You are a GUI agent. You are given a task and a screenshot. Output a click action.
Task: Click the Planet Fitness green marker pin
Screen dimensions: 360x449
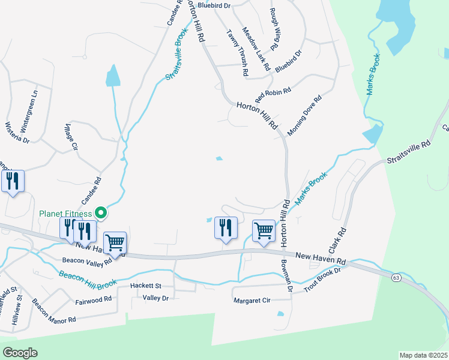(x=101, y=212)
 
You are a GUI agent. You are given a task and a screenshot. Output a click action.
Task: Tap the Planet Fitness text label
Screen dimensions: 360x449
(x=65, y=214)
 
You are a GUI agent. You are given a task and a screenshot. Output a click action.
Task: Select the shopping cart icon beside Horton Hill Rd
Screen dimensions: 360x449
(x=264, y=231)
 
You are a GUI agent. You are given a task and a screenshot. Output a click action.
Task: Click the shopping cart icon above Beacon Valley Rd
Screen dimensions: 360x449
(x=115, y=243)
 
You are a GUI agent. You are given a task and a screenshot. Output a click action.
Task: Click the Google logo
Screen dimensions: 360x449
(x=20, y=353)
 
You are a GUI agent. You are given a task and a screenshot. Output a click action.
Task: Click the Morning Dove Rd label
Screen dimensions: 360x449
(x=305, y=115)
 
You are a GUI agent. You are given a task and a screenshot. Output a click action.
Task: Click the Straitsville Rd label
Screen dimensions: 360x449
(x=409, y=152)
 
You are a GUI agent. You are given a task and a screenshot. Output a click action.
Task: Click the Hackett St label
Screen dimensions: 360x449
(x=146, y=286)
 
